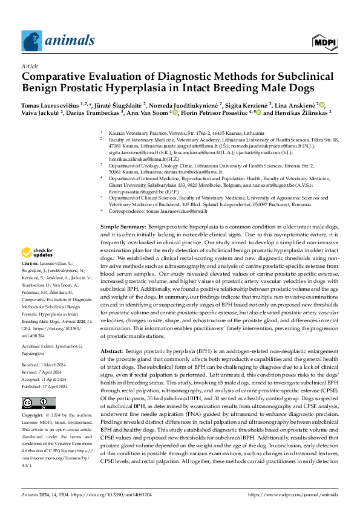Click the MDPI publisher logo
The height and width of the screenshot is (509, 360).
[x=324, y=42]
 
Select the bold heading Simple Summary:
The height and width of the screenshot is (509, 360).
[x=123, y=225]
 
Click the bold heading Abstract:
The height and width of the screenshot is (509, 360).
[x=113, y=350]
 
